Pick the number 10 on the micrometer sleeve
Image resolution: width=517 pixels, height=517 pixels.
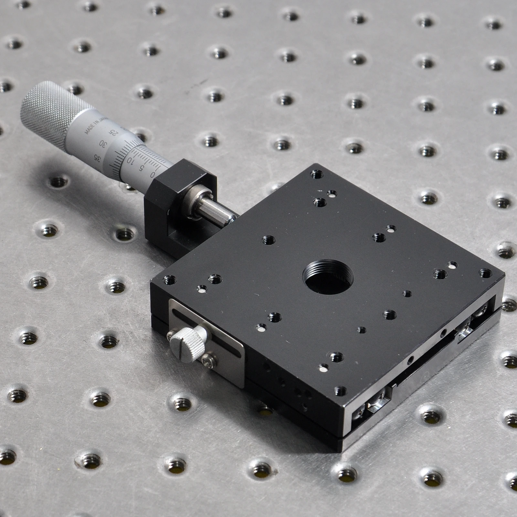(x=131, y=160)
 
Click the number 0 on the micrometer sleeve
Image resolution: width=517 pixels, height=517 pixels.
(x=153, y=175)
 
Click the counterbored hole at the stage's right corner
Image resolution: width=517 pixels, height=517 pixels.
(x=485, y=273)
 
